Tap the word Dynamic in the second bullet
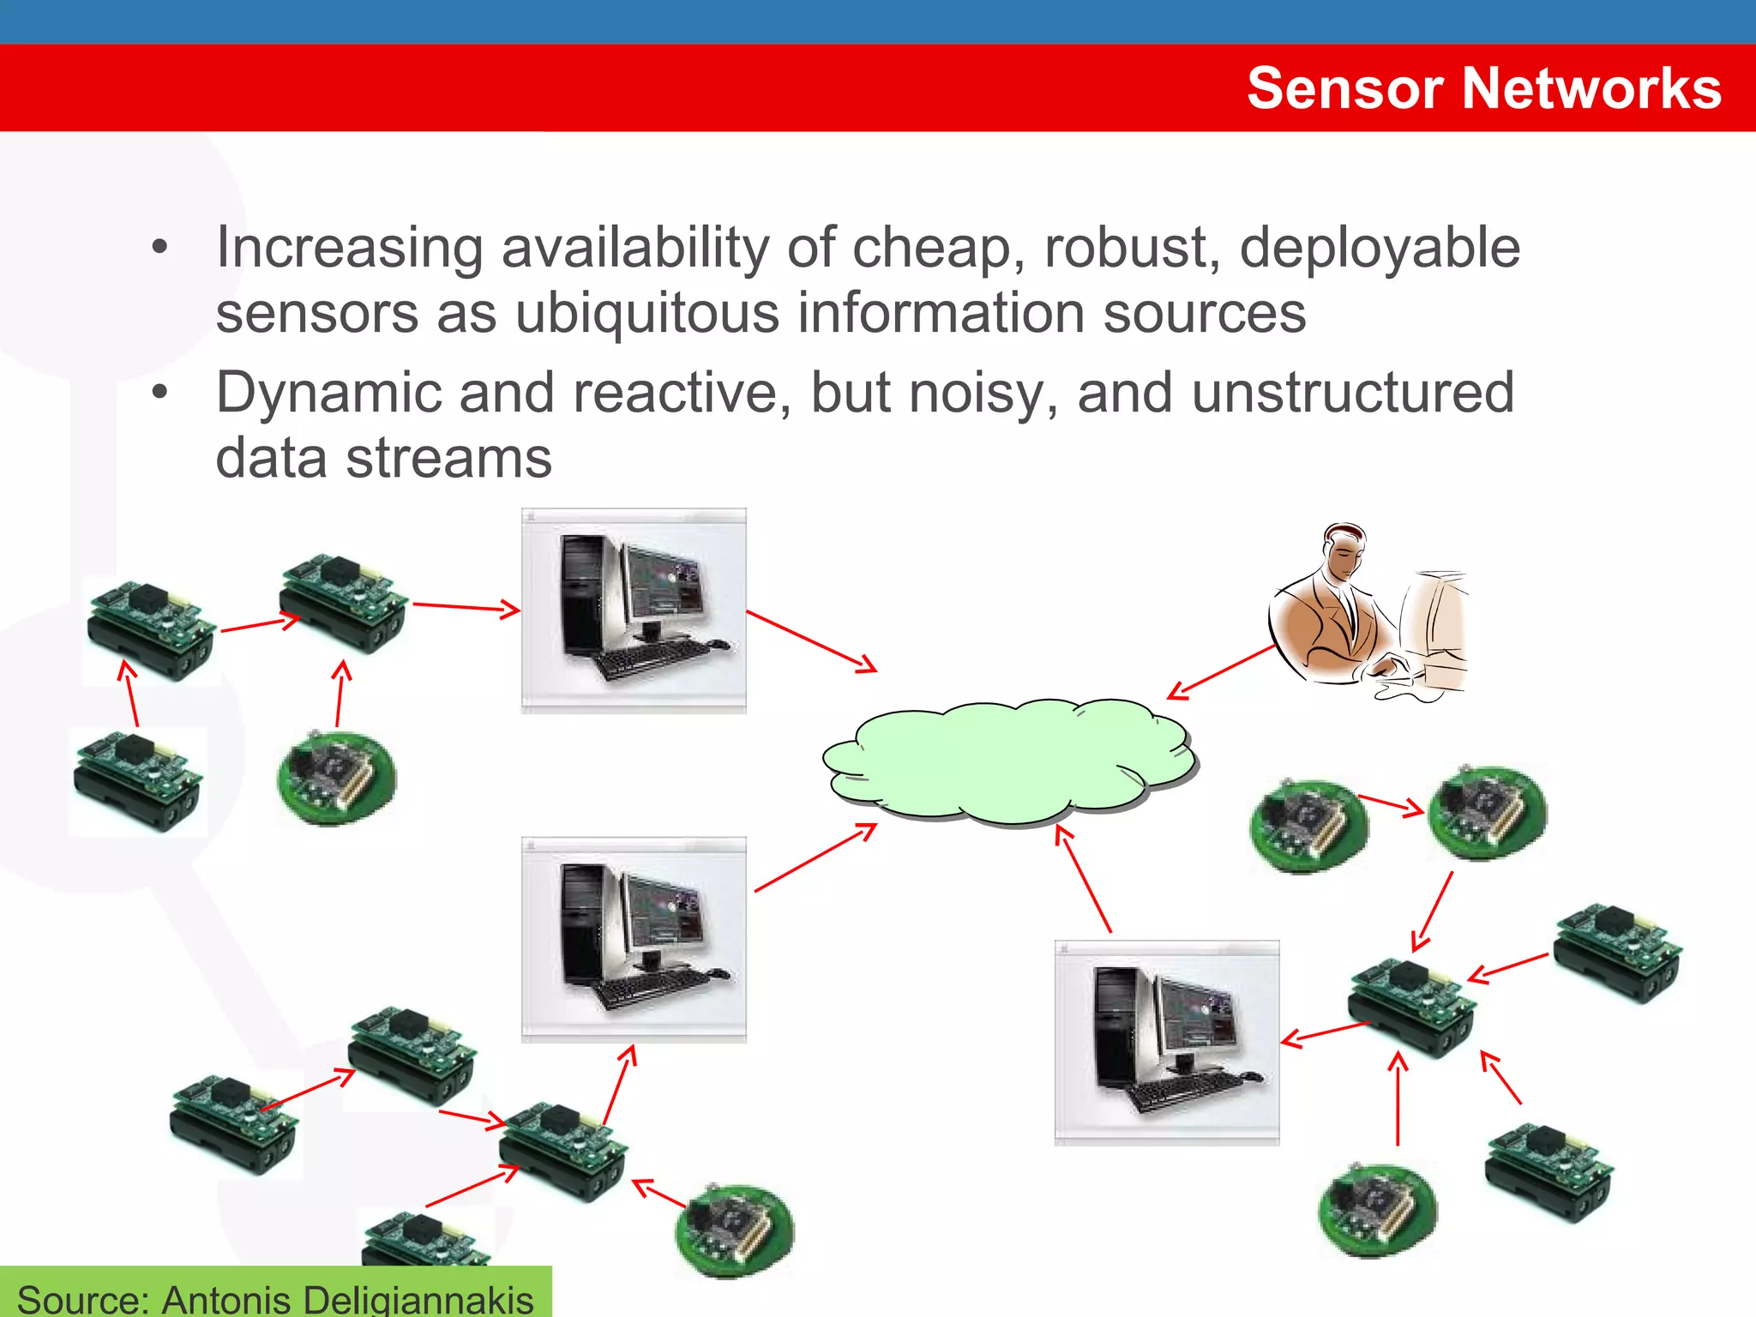(x=328, y=393)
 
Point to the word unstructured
(x=1352, y=393)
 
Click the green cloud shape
(x=1008, y=760)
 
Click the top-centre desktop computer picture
(x=634, y=610)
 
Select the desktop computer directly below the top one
(x=634, y=939)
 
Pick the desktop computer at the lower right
(x=1166, y=1042)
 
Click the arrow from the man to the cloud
(x=1221, y=672)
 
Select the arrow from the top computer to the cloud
(x=811, y=640)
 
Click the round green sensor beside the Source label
(x=736, y=1230)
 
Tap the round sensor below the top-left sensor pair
(x=337, y=778)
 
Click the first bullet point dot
(x=160, y=249)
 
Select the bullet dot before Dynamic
(x=160, y=394)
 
